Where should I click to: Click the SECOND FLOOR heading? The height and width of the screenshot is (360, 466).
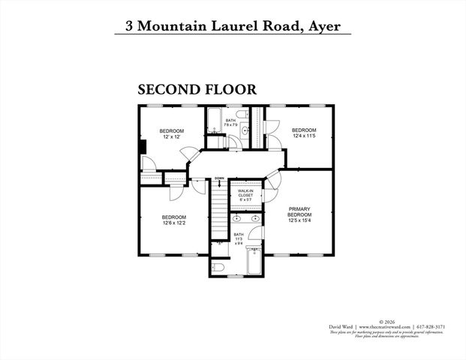(x=197, y=89)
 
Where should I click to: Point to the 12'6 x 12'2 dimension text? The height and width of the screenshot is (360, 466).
(x=174, y=223)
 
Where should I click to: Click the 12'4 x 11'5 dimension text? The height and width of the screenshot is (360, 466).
(x=304, y=136)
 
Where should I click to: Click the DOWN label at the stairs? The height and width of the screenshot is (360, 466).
(x=219, y=178)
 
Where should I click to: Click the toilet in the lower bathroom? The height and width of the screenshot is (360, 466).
(x=218, y=266)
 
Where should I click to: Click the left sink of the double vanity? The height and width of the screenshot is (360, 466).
(x=236, y=218)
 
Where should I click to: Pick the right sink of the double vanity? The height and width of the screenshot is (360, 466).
(x=256, y=218)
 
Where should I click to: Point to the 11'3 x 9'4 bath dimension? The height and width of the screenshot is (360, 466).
(x=239, y=239)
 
